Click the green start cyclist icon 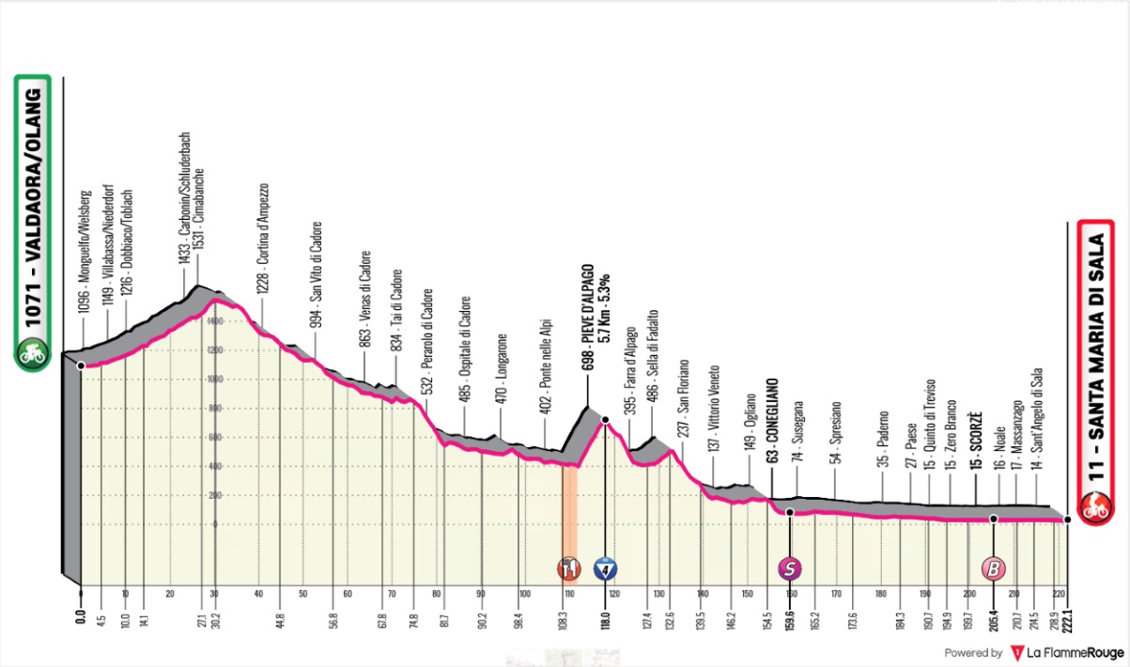(x=35, y=355)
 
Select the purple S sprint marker (x=790, y=567)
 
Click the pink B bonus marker (x=992, y=567)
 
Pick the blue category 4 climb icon (x=605, y=567)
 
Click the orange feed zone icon (x=568, y=567)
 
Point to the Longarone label (x=503, y=370)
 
